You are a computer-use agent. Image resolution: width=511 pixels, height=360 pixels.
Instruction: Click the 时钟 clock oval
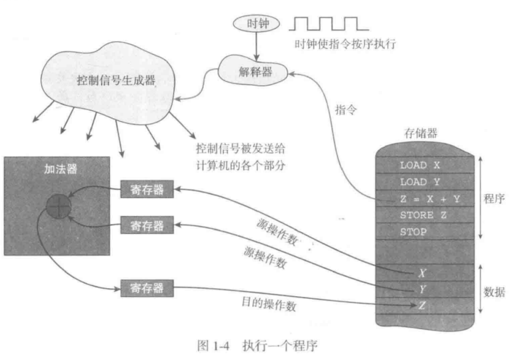pos(256,24)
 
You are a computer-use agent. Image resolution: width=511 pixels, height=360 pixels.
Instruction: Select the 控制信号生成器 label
pos(116,80)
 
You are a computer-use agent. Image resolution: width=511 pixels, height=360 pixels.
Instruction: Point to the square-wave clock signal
pos(329,24)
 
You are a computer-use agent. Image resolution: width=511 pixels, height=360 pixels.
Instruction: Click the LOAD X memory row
pos(424,165)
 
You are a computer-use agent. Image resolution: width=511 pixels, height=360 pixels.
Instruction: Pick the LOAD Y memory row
pos(424,182)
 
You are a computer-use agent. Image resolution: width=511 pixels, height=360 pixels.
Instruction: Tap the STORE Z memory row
pos(424,215)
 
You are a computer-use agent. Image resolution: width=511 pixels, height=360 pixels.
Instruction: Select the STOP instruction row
pos(424,232)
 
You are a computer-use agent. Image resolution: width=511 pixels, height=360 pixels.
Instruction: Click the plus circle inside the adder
pos(58,206)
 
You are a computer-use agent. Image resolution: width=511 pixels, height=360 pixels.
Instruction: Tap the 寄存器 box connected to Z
pos(147,288)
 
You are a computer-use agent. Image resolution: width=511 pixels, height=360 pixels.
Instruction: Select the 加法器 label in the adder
pos(60,169)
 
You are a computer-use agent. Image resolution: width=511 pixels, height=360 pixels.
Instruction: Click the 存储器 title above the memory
pos(421,133)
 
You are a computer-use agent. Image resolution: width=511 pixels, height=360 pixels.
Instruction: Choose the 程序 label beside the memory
pos(494,199)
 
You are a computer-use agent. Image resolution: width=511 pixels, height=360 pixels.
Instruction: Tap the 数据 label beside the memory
pos(494,292)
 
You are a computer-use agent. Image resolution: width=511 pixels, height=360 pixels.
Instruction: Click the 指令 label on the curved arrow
pos(346,110)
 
